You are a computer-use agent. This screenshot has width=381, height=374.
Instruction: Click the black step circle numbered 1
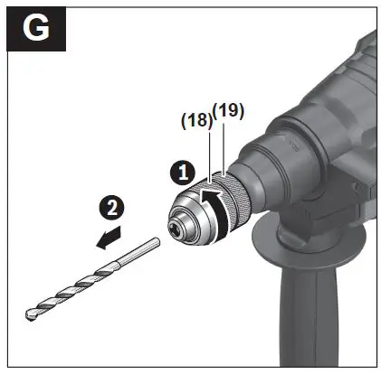tap(181, 169)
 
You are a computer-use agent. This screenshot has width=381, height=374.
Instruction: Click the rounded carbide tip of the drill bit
tap(30, 312)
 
